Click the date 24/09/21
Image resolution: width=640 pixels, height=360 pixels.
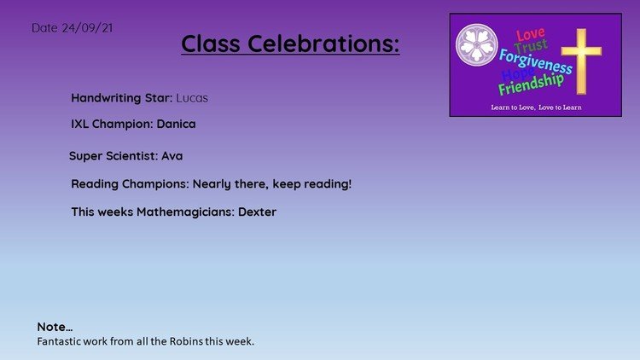(87, 28)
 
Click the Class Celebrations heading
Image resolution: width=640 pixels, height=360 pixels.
(290, 44)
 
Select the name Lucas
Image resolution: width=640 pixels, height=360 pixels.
(192, 98)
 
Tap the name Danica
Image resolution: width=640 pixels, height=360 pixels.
(176, 124)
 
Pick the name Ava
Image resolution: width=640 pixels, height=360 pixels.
(172, 156)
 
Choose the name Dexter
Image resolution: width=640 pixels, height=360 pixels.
(257, 212)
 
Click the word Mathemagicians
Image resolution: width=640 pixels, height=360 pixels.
(186, 212)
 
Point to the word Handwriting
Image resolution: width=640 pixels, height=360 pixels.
(106, 98)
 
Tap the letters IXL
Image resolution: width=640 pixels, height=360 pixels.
(79, 124)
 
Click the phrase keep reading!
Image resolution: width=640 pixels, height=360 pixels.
(311, 184)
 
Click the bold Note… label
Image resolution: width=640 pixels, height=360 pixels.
(55, 327)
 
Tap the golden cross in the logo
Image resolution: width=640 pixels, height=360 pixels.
(581, 61)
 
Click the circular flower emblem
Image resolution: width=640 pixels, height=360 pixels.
(477, 45)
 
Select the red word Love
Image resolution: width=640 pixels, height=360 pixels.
(530, 34)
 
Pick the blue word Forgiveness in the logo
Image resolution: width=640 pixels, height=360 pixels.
(536, 61)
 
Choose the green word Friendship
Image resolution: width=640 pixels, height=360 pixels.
(531, 84)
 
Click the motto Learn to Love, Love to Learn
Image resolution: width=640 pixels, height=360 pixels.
(537, 107)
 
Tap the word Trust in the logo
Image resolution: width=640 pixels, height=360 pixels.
(531, 46)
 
